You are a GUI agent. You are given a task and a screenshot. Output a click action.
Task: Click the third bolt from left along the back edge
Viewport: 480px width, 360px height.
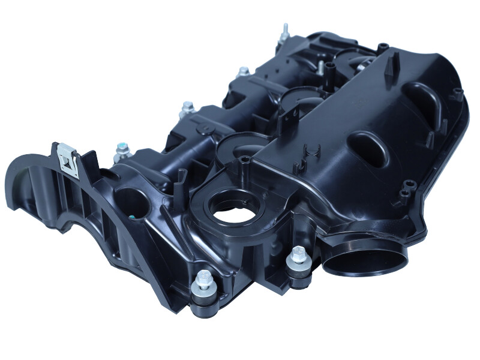[243, 72]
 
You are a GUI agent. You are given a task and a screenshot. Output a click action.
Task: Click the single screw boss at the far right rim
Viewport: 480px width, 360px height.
[458, 93]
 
